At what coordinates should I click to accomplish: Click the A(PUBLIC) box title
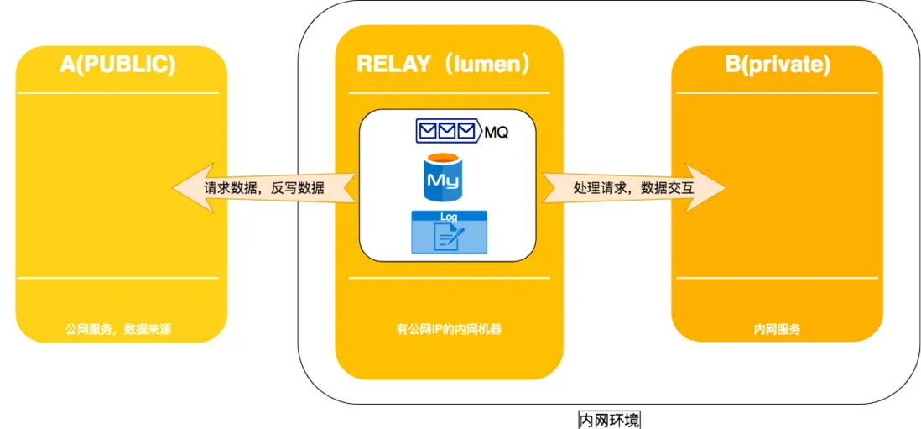(x=118, y=65)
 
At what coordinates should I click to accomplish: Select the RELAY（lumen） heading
(x=445, y=65)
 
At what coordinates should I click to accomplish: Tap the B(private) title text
(x=778, y=65)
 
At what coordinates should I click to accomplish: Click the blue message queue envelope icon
(x=450, y=131)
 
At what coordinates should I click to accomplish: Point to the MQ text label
(x=497, y=132)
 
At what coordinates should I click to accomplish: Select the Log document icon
(x=448, y=233)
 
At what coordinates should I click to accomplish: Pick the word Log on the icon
(x=449, y=217)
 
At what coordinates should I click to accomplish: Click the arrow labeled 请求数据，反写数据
(x=265, y=188)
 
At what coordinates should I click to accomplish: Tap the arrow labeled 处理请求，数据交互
(x=634, y=188)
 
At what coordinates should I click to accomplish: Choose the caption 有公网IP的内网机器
(x=449, y=329)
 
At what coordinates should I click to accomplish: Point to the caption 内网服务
(x=777, y=329)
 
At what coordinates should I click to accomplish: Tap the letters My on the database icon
(x=441, y=180)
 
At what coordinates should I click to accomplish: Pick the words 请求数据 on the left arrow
(x=231, y=188)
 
